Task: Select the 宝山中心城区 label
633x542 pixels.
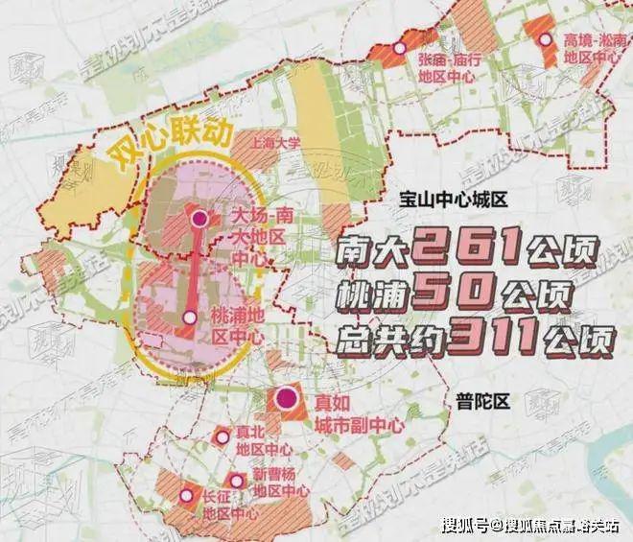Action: click(454, 201)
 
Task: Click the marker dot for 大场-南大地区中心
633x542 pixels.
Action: click(199, 219)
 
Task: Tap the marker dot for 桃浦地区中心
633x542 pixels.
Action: click(190, 318)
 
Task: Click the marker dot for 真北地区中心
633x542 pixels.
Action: click(223, 437)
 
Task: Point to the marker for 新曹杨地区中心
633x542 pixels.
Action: click(235, 480)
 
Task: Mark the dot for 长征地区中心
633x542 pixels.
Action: click(185, 496)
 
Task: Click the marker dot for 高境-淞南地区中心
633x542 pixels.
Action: click(546, 40)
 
